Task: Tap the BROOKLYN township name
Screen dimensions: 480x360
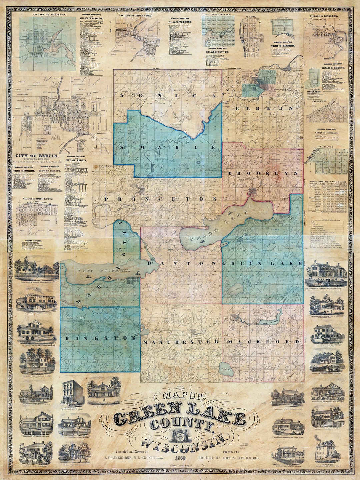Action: (263, 174)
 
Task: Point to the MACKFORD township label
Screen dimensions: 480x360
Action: (263, 342)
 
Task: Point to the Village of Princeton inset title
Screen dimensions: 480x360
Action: (135, 16)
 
